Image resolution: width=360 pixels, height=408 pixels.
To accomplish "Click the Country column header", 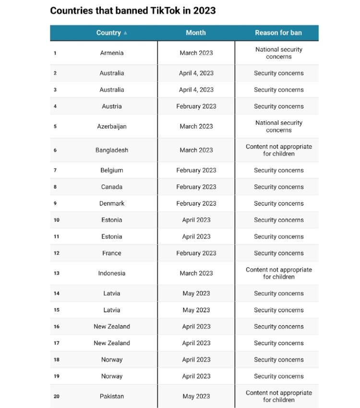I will pos(108,33).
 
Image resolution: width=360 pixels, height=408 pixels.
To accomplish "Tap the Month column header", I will pos(196,33).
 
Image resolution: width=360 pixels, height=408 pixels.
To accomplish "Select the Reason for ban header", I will pos(278,33).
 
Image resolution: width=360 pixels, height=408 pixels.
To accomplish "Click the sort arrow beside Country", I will pos(126,33).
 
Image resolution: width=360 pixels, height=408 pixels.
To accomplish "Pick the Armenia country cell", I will pos(112,53).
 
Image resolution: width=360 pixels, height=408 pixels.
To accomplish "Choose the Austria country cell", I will pos(112,106).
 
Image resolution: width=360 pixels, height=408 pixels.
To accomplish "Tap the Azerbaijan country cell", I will pos(112,126).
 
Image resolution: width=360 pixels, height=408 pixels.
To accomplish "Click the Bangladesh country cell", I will pos(112,150).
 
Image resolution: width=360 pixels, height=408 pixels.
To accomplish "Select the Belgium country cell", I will pos(112,170).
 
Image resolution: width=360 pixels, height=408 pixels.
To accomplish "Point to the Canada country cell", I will pos(112,187).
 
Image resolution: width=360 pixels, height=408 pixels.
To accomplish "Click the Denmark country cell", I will pos(112,203).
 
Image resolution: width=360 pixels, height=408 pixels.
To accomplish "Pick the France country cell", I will pos(112,253).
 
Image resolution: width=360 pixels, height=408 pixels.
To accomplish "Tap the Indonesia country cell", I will pos(112,273).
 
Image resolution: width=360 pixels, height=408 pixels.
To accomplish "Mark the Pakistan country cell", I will pos(112,396).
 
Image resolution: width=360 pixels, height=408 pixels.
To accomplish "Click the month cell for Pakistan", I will pos(196,396).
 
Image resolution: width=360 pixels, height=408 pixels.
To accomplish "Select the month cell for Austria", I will pos(196,106).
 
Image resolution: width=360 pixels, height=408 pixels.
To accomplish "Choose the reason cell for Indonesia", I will pos(278,273).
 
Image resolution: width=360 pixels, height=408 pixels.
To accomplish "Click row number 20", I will pos(57,396).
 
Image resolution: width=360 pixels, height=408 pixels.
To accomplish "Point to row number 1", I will pos(55,53).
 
